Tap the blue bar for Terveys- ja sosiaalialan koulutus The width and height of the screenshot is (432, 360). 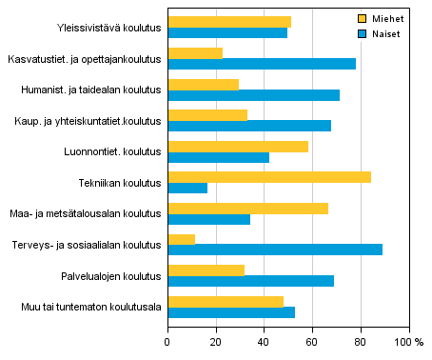tap(275, 250)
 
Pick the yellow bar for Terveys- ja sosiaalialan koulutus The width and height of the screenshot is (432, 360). tap(182, 238)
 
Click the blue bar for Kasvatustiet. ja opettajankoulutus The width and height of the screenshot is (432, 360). tap(262, 64)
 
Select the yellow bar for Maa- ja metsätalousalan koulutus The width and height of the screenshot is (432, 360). tap(247, 208)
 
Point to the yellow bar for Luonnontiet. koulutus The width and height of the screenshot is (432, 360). tap(238, 146)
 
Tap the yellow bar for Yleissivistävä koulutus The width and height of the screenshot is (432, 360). tap(229, 22)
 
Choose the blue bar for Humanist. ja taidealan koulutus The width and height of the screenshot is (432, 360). tap(253, 95)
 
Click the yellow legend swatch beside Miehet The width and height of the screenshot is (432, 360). tap(363, 18)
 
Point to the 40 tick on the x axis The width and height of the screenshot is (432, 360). tap(265, 341)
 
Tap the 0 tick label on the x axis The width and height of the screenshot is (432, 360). tap(167, 341)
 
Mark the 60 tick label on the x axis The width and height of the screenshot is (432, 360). tap(313, 341)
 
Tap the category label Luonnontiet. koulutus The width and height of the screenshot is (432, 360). tap(112, 151)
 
